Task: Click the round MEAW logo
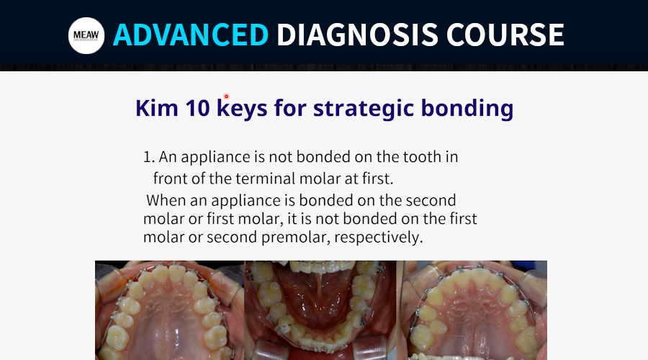coord(86,35)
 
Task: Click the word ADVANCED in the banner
coord(191,35)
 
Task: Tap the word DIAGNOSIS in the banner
coord(357,35)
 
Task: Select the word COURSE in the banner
coord(505,35)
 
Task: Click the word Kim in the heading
coord(157,108)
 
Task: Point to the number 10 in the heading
coord(197,108)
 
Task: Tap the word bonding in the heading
coord(467,108)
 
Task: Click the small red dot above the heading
coord(226,96)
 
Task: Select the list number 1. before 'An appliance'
coord(149,157)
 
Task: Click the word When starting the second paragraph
coord(166,200)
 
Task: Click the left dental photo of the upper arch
coord(169,310)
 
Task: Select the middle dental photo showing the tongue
coord(320,310)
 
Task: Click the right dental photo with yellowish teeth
coord(472,310)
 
